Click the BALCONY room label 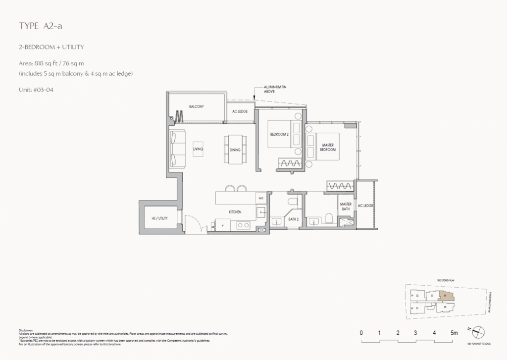point(197,106)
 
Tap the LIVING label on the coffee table point(199,149)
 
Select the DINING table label point(235,149)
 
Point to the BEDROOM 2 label point(279,134)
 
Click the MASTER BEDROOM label point(328,147)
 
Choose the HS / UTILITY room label point(160,218)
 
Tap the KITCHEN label point(235,212)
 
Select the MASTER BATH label point(346,207)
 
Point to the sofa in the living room point(176,149)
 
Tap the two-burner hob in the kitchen point(243,225)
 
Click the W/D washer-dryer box point(261,199)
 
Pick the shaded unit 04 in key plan point(446,296)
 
